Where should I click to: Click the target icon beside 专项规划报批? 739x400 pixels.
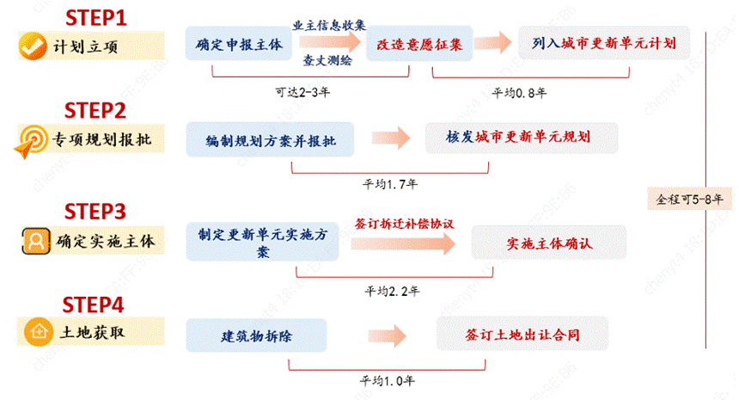(33, 140)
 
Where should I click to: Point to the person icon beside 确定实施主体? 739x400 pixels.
(33, 242)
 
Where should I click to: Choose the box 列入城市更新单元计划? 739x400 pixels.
(604, 40)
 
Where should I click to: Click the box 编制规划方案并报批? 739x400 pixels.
(271, 138)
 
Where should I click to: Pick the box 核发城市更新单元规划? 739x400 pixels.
(521, 137)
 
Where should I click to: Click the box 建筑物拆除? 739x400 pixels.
(255, 333)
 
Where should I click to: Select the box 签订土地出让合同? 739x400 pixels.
(522, 332)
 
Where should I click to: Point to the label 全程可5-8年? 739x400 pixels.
(689, 199)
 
